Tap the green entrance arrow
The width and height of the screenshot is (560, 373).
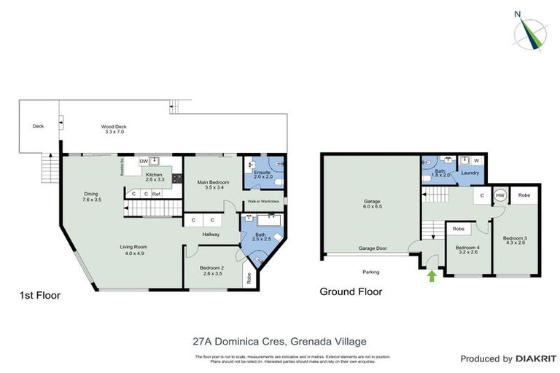(431, 275)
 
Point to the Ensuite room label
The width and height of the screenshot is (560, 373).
(262, 174)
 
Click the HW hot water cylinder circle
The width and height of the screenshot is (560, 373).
(501, 195)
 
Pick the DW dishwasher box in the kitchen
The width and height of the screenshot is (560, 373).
(144, 162)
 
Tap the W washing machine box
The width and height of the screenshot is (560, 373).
(476, 160)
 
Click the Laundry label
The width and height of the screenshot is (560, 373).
(470, 173)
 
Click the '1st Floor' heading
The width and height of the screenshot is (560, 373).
(40, 296)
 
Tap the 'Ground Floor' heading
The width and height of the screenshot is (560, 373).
(351, 292)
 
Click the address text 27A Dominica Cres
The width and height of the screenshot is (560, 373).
(238, 339)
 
